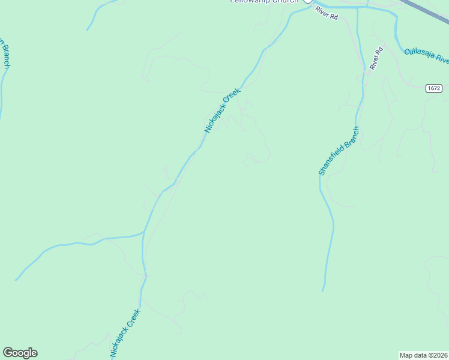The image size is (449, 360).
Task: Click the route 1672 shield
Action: (434, 88)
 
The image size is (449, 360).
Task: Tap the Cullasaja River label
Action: (426, 55)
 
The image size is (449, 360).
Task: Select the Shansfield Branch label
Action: (339, 151)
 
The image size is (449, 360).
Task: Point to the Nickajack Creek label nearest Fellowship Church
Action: (222, 110)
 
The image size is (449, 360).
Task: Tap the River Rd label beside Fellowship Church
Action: (327, 14)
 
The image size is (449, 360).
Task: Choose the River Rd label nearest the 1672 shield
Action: (376, 59)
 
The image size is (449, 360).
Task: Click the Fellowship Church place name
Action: (264, 1)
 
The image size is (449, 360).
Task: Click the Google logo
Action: (20, 353)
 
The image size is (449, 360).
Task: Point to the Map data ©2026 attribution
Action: (423, 355)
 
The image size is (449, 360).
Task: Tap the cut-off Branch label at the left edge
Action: (5, 54)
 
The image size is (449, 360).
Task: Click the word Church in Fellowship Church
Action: (285, 1)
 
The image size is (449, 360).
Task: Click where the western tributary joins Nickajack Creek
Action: (143, 232)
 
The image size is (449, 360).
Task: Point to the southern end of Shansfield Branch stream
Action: (323, 290)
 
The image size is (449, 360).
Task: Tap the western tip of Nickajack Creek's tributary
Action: (16, 280)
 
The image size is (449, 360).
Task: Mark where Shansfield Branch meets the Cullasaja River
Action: (358, 7)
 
